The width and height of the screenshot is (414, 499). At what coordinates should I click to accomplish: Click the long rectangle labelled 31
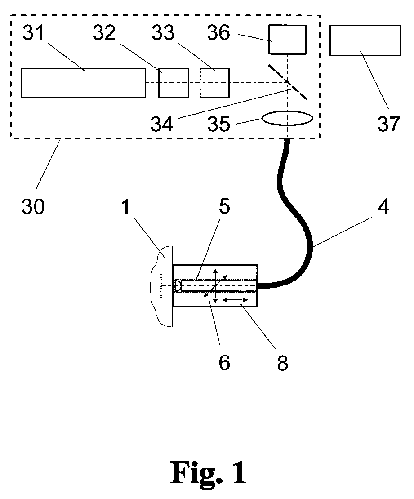point(84,83)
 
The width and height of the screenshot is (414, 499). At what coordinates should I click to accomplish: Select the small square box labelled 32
point(174,83)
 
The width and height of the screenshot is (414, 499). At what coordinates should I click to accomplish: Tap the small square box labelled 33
point(214,83)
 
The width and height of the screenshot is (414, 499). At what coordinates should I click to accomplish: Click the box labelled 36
point(287,40)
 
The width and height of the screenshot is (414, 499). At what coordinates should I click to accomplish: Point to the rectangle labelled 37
point(365,40)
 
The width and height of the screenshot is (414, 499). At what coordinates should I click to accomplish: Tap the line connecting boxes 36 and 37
point(318,40)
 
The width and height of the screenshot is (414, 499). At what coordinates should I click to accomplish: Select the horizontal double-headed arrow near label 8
point(236,299)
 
